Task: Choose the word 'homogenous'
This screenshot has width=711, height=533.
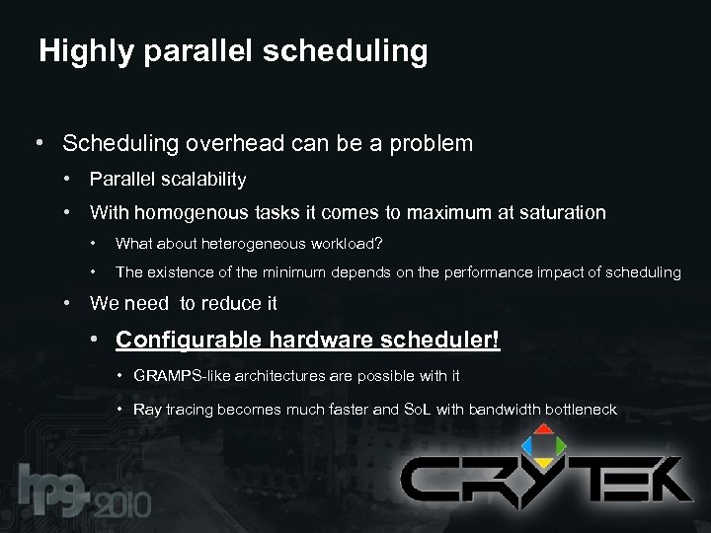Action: point(188,212)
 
